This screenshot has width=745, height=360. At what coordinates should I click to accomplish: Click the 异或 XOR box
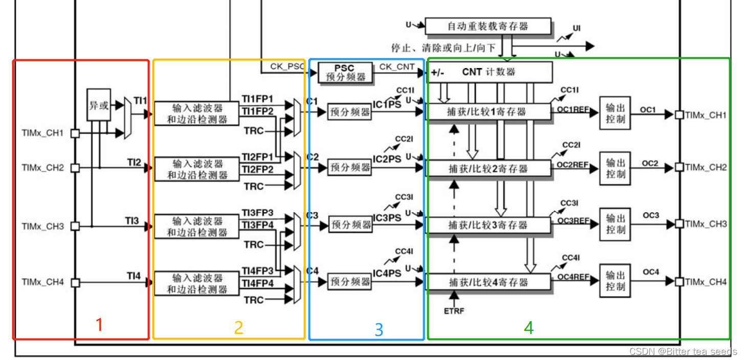(99, 106)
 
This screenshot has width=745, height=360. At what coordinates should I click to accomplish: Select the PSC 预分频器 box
(345, 72)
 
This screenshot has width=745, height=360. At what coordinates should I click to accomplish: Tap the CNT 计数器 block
(489, 72)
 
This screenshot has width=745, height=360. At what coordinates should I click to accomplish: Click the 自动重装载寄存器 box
(488, 26)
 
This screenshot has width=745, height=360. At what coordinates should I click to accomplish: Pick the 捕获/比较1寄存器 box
(488, 111)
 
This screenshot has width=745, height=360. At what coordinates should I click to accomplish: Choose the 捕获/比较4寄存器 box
(488, 282)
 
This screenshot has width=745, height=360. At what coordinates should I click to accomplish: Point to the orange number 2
(238, 328)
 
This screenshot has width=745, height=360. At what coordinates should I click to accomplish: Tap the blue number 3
(379, 330)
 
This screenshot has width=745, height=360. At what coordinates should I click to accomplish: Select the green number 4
(529, 328)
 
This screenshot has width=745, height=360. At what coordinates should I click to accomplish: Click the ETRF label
(454, 310)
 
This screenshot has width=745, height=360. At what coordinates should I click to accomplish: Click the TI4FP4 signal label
(257, 283)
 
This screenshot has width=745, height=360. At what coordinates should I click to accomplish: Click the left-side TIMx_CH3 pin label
(42, 226)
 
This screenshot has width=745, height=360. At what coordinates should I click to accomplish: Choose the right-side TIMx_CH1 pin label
(706, 115)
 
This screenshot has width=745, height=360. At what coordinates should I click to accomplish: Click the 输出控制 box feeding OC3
(615, 224)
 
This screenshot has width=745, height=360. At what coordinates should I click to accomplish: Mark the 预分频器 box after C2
(350, 167)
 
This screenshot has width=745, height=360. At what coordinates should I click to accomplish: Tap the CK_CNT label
(397, 67)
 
